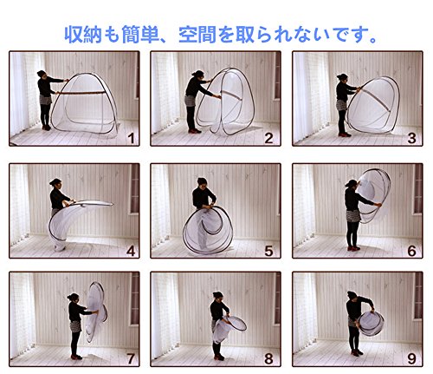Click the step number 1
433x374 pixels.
pyautogui.click(x=132, y=138)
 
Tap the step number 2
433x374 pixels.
pyautogui.click(x=268, y=138)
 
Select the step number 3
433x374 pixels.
pyautogui.click(x=411, y=138)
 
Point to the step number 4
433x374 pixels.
pyautogui.click(x=131, y=251)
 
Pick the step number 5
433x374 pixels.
pyautogui.click(x=268, y=251)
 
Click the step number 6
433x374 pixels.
pyautogui.click(x=412, y=251)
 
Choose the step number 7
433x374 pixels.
pyautogui.click(x=131, y=358)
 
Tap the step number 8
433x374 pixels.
pyautogui.click(x=268, y=358)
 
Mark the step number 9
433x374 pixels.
pyautogui.click(x=412, y=358)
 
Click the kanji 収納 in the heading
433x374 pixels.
pyautogui.click(x=83, y=35)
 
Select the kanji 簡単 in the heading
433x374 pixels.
pyautogui.click(x=141, y=35)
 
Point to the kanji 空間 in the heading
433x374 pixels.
pyautogui.click(x=197, y=35)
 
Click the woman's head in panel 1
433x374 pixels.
pyautogui.click(x=42, y=74)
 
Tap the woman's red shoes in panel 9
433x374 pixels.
pyautogui.click(x=357, y=352)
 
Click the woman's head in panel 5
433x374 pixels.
pyautogui.click(x=202, y=182)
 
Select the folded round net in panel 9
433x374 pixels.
pyautogui.click(x=371, y=324)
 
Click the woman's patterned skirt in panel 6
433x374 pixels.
pyautogui.click(x=353, y=215)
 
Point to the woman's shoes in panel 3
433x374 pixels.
pyautogui.click(x=345, y=135)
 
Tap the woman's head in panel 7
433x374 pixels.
pyautogui.click(x=74, y=297)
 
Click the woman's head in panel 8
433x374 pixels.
pyautogui.click(x=218, y=296)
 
